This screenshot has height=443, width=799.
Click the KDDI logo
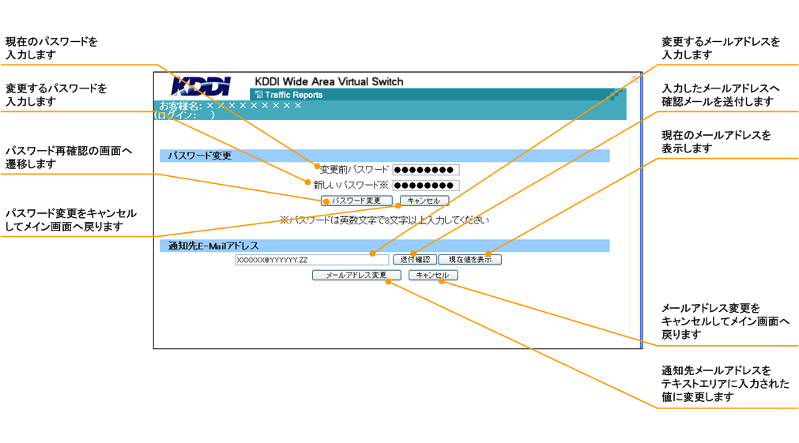[201, 86]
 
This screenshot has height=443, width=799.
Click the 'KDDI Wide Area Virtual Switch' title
[329, 81]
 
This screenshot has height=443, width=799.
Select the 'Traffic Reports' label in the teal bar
[293, 95]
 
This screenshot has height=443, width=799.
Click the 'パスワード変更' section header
[200, 156]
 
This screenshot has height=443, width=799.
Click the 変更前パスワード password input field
[425, 170]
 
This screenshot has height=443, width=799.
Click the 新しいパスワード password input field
[425, 186]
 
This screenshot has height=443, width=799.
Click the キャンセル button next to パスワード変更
[424, 201]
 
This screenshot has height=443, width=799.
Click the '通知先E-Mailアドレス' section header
[213, 246]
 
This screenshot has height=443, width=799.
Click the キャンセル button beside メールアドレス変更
[432, 276]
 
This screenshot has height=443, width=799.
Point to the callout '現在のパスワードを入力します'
[52, 48]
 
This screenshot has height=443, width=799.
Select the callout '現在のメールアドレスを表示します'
[716, 142]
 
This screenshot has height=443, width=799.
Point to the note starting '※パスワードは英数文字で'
[384, 220]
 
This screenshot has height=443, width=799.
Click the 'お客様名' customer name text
[230, 105]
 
